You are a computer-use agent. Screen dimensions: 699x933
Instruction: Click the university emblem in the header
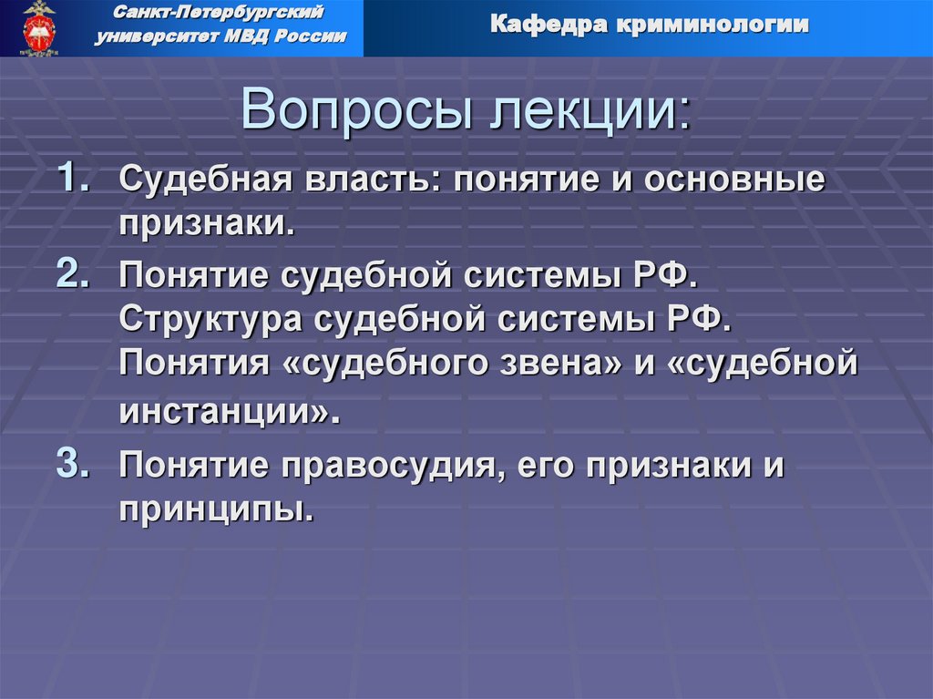pos(38,28)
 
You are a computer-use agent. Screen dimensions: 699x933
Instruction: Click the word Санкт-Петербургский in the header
pos(219,14)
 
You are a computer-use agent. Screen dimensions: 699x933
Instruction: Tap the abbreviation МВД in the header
pos(252,36)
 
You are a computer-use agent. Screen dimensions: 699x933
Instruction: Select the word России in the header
pos(313,36)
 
